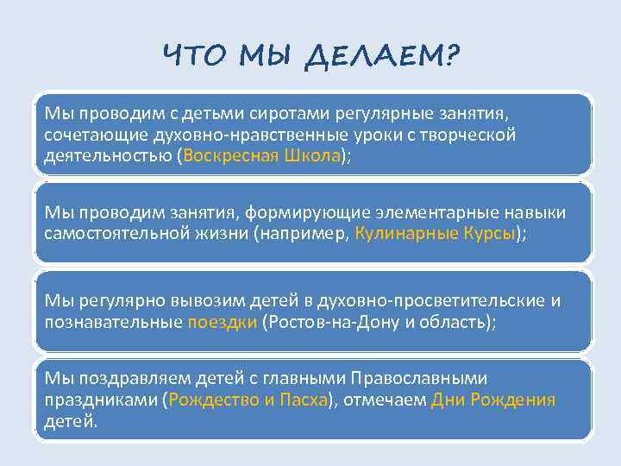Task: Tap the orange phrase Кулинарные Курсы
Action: tap(435, 234)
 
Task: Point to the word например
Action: tap(303, 234)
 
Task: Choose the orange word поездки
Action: tap(222, 322)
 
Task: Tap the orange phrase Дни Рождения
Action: tap(493, 400)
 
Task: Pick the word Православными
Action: tap(428, 379)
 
